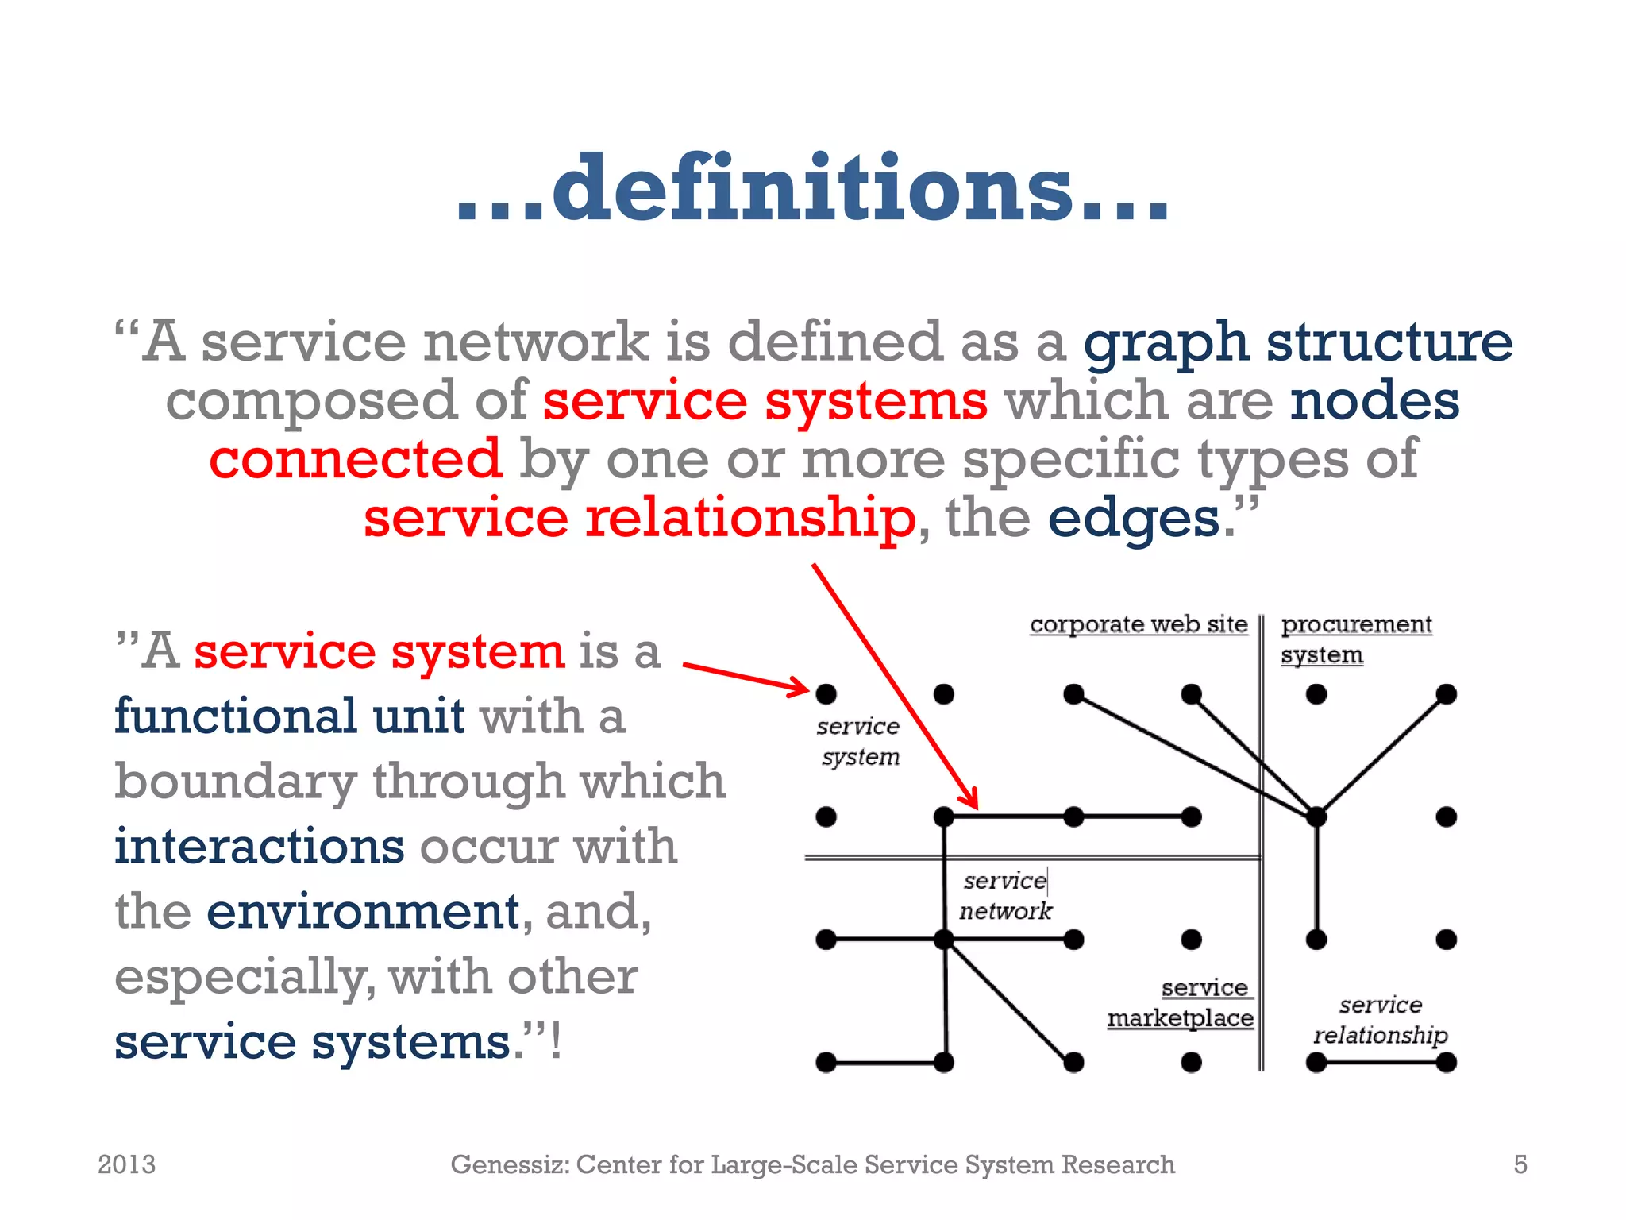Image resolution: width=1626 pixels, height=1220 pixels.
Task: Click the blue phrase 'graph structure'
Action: click(1298, 343)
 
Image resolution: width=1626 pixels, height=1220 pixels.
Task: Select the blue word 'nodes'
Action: click(1374, 400)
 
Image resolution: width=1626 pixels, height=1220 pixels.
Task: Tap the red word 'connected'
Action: click(356, 459)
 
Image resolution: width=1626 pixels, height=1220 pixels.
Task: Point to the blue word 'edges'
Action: click(1134, 519)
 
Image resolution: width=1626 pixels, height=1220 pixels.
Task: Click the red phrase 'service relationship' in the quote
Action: click(640, 518)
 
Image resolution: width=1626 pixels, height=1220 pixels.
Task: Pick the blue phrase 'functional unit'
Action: click(289, 716)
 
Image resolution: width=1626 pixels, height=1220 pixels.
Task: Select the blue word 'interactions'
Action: click(259, 846)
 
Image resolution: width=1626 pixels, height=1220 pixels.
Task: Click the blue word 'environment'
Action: click(363, 911)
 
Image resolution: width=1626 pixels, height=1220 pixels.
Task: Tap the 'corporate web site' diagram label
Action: click(1139, 624)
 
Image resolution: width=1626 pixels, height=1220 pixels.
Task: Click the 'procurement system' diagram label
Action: click(1356, 639)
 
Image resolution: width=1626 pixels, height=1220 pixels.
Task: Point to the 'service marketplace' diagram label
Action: click(1181, 1002)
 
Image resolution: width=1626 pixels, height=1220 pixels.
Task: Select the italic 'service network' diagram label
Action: click(1005, 896)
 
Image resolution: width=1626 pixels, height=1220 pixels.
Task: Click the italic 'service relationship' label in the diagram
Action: click(1381, 1020)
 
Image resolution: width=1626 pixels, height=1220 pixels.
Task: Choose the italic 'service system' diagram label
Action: click(859, 741)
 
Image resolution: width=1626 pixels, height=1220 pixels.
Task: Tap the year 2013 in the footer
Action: click(126, 1164)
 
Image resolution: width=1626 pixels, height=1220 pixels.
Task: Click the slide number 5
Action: click(1520, 1164)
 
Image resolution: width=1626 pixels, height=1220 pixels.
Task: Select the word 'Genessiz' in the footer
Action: click(509, 1164)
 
